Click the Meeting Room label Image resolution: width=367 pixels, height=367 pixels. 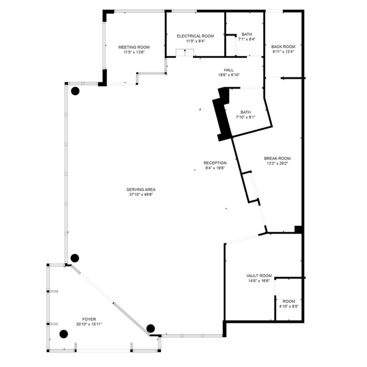click(134, 47)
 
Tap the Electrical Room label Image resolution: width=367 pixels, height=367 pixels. click(195, 36)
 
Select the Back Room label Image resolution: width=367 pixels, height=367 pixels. click(283, 47)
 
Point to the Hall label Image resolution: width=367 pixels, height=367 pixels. click(228, 70)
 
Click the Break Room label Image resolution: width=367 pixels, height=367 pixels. click(277, 159)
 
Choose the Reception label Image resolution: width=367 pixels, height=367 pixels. click(215, 163)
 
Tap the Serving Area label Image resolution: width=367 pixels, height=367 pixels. click(141, 190)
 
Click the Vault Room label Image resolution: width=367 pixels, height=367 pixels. click(259, 276)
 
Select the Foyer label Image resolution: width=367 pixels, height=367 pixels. click(89, 320)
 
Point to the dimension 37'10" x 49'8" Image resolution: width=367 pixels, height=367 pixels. click(141, 195)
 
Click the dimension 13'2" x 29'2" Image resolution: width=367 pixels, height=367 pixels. click(277, 164)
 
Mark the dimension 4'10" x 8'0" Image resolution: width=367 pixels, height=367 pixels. click(289, 306)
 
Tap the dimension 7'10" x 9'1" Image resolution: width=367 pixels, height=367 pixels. click(245, 117)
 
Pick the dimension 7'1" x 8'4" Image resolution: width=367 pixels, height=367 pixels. click(247, 39)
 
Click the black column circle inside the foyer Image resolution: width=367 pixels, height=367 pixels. click(64, 334)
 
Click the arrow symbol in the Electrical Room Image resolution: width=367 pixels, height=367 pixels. click(185, 52)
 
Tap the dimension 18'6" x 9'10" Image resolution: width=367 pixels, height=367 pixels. click(228, 75)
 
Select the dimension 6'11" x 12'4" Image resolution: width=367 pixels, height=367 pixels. click(283, 52)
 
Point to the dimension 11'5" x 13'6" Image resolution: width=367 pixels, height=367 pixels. click(134, 52)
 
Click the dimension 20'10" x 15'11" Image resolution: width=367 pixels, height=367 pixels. click(89, 325)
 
